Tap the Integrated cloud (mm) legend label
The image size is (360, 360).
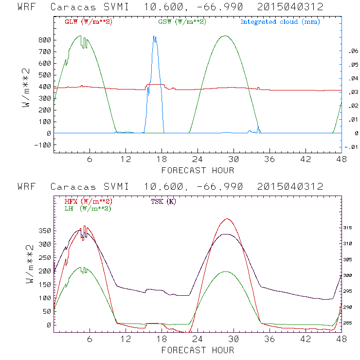point(280,22)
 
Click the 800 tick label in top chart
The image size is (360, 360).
point(45,40)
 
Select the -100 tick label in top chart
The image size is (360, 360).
point(43,145)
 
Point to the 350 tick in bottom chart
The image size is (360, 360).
point(45,231)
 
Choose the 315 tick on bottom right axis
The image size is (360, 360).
point(353,228)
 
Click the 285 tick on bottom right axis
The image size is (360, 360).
point(353,323)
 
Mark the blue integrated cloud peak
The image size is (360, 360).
point(154,36)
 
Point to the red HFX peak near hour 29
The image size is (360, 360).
point(227,219)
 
